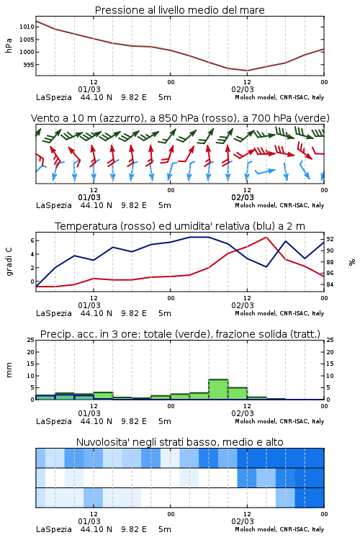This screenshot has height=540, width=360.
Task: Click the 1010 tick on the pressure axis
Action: coord(27,27)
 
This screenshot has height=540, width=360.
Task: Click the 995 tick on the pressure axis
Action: coord(29,65)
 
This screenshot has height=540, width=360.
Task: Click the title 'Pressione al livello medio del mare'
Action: coord(180,10)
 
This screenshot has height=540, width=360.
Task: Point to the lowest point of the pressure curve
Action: coord(247,71)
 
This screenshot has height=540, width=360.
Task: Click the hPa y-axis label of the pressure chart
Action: coord(9,45)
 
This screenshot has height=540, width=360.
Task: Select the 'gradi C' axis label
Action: coord(9,261)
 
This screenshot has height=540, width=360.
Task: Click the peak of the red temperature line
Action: coord(266,237)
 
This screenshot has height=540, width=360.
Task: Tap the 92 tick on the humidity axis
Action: coord(330,239)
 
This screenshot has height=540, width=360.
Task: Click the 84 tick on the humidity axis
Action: coord(330,284)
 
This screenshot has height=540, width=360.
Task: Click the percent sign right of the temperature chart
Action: coord(352,262)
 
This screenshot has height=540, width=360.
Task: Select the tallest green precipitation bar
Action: coord(218,390)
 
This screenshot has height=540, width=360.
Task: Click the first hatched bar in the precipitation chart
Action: coord(45,397)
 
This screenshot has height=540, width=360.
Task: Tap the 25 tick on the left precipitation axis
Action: coord(31,340)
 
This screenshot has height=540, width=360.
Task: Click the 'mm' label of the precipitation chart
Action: coord(9,370)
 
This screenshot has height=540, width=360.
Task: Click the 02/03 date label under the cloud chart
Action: coord(243,521)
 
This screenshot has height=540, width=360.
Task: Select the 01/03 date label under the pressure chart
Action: coord(89,89)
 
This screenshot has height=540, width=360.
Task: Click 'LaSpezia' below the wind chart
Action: coord(54,205)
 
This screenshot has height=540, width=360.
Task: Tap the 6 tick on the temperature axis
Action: coord(32,240)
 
